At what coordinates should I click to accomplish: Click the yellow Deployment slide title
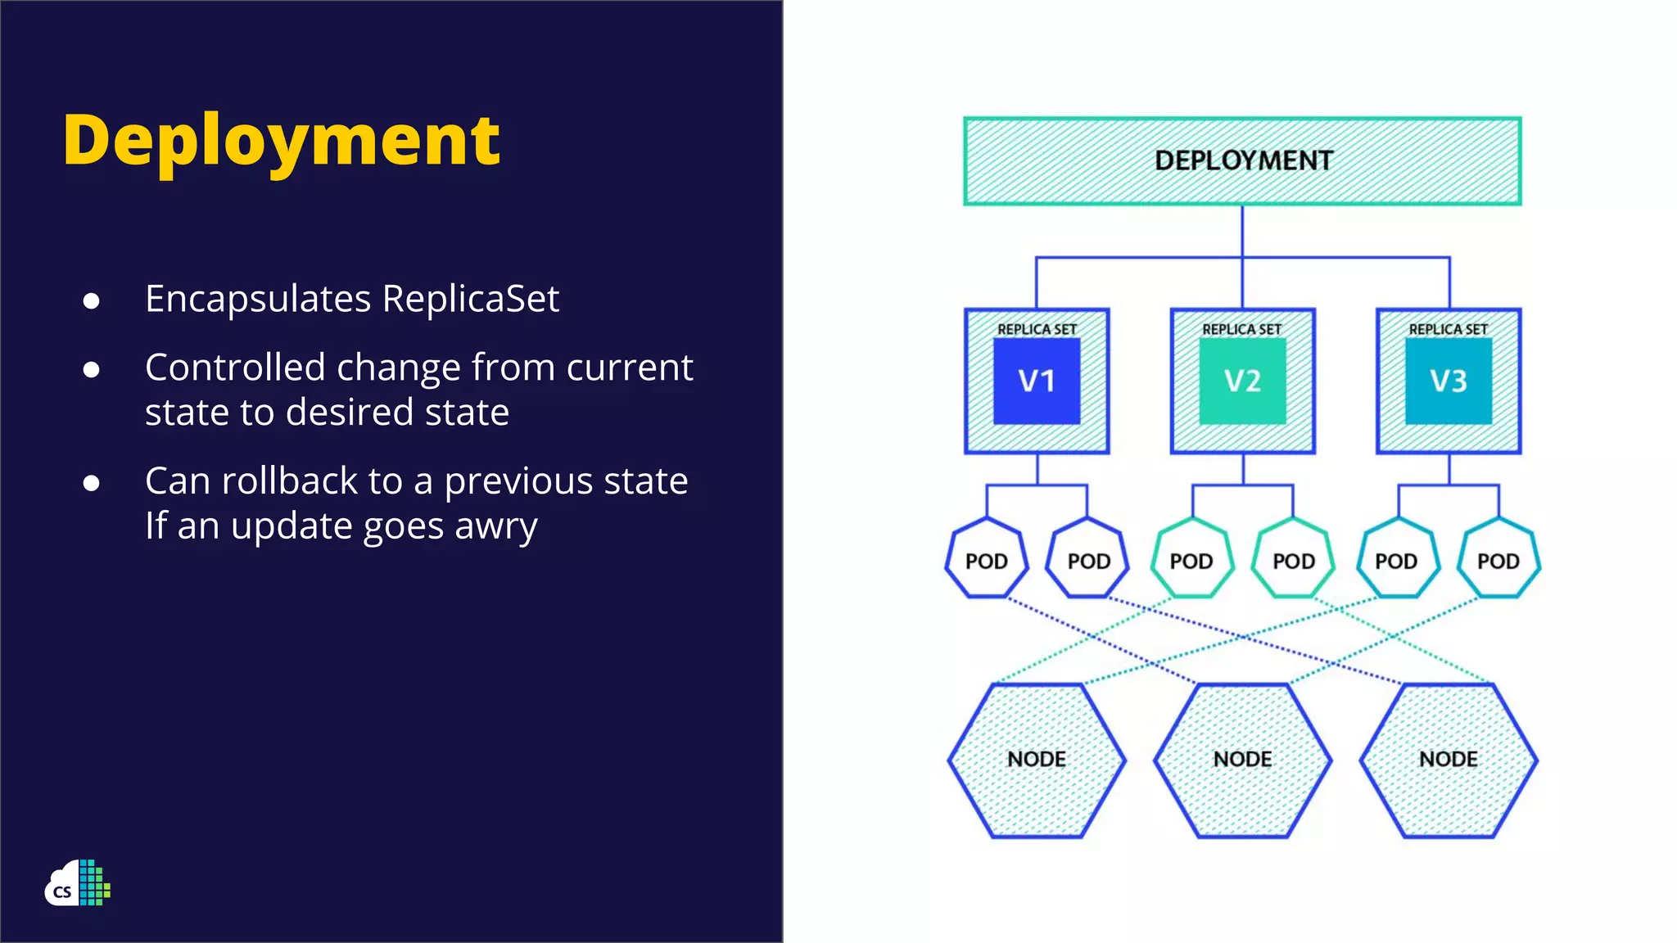281,141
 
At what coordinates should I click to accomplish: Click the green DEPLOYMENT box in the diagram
1242,160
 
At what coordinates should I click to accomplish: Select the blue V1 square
1037,381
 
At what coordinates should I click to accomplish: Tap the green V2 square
1242,381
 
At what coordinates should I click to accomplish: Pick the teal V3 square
1448,381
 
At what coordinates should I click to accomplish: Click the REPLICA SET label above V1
1037,329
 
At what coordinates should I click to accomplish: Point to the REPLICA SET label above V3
1448,329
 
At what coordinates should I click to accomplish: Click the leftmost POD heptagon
987,560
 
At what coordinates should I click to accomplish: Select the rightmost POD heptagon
1498,560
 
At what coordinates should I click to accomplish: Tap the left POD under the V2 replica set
1191,560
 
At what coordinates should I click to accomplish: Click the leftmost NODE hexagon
1037,760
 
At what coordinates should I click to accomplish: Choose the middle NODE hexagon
1242,760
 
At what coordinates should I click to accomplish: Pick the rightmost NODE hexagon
1448,760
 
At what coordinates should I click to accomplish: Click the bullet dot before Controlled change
92,370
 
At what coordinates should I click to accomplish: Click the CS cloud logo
77,884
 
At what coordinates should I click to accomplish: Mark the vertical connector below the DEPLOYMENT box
1242,231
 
